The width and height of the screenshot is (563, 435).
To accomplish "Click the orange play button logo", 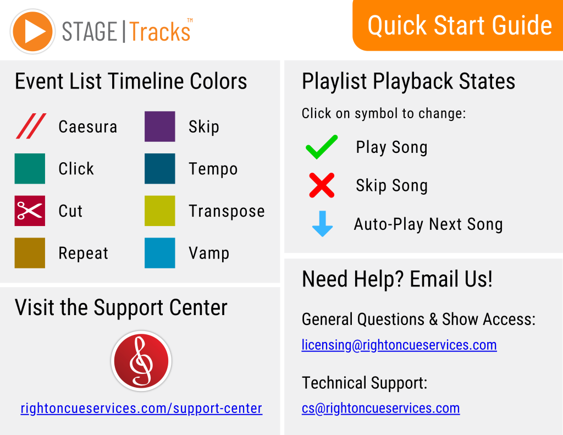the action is point(32,31).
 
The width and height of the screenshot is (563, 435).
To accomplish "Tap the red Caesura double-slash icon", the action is point(31,126).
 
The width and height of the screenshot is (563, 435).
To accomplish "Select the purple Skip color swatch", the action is point(160,126).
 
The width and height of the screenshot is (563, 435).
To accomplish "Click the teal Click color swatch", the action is point(30,168).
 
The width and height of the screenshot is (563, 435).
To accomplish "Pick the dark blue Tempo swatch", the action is point(160,168).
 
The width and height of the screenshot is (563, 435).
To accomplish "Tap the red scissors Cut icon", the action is point(30,211).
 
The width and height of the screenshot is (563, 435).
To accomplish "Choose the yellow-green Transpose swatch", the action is point(160,211).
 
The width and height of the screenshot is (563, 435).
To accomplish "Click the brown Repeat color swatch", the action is point(30,253).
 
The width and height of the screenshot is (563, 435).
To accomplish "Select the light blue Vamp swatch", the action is point(160,253).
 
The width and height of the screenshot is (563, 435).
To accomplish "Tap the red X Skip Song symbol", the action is point(322,185).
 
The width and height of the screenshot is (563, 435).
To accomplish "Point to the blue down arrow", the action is point(322,224).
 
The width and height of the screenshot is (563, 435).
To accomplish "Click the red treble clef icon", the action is point(141,361).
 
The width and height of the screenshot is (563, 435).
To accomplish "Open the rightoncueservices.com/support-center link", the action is point(141,409).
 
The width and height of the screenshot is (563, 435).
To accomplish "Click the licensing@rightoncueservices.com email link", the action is point(399,345).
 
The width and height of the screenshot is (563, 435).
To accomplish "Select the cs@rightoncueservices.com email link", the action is point(380,409).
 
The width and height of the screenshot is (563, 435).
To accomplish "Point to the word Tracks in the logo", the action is point(160,31).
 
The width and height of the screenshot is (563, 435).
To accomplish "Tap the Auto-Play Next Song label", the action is point(428,224).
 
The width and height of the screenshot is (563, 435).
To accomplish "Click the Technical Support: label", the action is point(365,383).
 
